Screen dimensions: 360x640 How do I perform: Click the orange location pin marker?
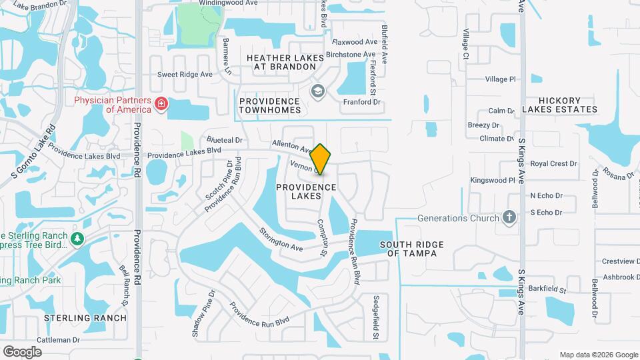pyautogui.click(x=321, y=159)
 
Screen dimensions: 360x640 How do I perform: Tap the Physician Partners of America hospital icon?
pyautogui.click(x=161, y=104)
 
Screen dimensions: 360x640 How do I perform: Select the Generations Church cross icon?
pyautogui.click(x=509, y=217)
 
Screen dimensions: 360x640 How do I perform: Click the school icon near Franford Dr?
pyautogui.click(x=318, y=91)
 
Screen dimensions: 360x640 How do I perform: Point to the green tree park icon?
pyautogui.click(x=78, y=238)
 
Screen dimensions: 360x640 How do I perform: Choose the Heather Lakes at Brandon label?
pyautogui.click(x=285, y=63)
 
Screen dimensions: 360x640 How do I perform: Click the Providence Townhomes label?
pyautogui.click(x=270, y=105)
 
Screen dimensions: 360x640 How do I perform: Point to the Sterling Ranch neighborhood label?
pyautogui.click(x=85, y=317)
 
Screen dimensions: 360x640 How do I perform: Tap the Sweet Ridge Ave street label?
pyautogui.click(x=185, y=74)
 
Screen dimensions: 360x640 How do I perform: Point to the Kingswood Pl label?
pyautogui.click(x=493, y=180)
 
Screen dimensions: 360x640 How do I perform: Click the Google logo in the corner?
pyautogui.click(x=22, y=351)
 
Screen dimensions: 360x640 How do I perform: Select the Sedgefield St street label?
pyautogui.click(x=376, y=317)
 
